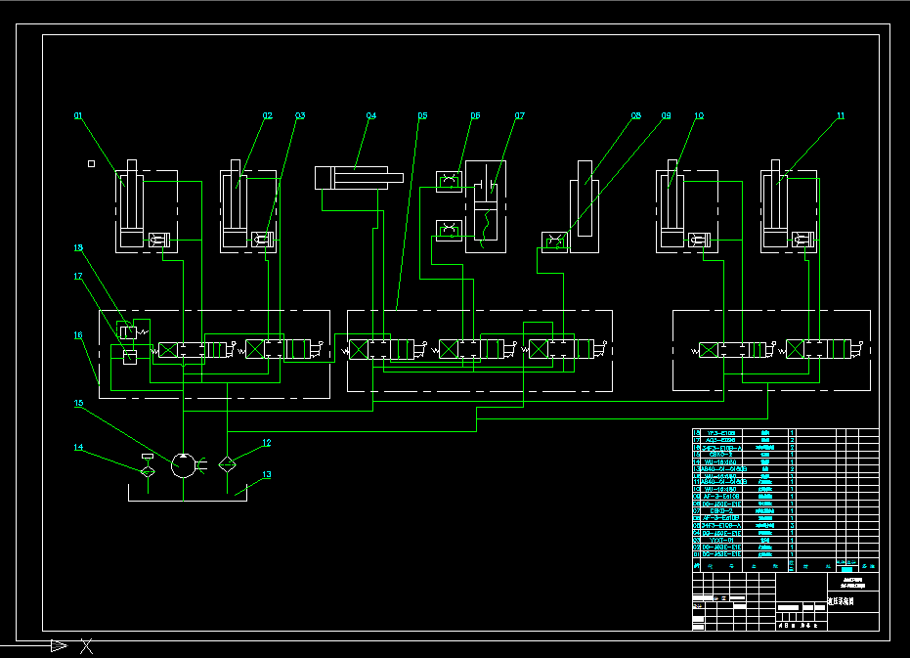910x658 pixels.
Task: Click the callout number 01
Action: pyautogui.click(x=78, y=116)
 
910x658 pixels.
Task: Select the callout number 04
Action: pyautogui.click(x=370, y=116)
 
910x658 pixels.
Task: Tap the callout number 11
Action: pyautogui.click(x=840, y=116)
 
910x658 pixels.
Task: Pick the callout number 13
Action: pyautogui.click(x=266, y=476)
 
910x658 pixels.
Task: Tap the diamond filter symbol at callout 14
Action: pyautogui.click(x=147, y=471)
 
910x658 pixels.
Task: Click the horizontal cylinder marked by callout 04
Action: pyautogui.click(x=358, y=177)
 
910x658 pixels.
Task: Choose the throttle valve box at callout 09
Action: pyautogui.click(x=554, y=241)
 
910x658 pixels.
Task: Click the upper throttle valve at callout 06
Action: pyautogui.click(x=449, y=181)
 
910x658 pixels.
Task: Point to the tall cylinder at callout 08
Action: pyautogui.click(x=585, y=205)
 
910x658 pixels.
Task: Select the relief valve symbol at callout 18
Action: pyautogui.click(x=127, y=330)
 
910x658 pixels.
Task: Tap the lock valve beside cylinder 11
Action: pyautogui.click(x=802, y=240)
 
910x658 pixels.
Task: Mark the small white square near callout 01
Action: pyautogui.click(x=91, y=164)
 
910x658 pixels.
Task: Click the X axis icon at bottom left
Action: pyautogui.click(x=87, y=645)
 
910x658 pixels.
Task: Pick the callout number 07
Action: pyautogui.click(x=520, y=116)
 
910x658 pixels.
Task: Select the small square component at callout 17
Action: pyautogui.click(x=129, y=356)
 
